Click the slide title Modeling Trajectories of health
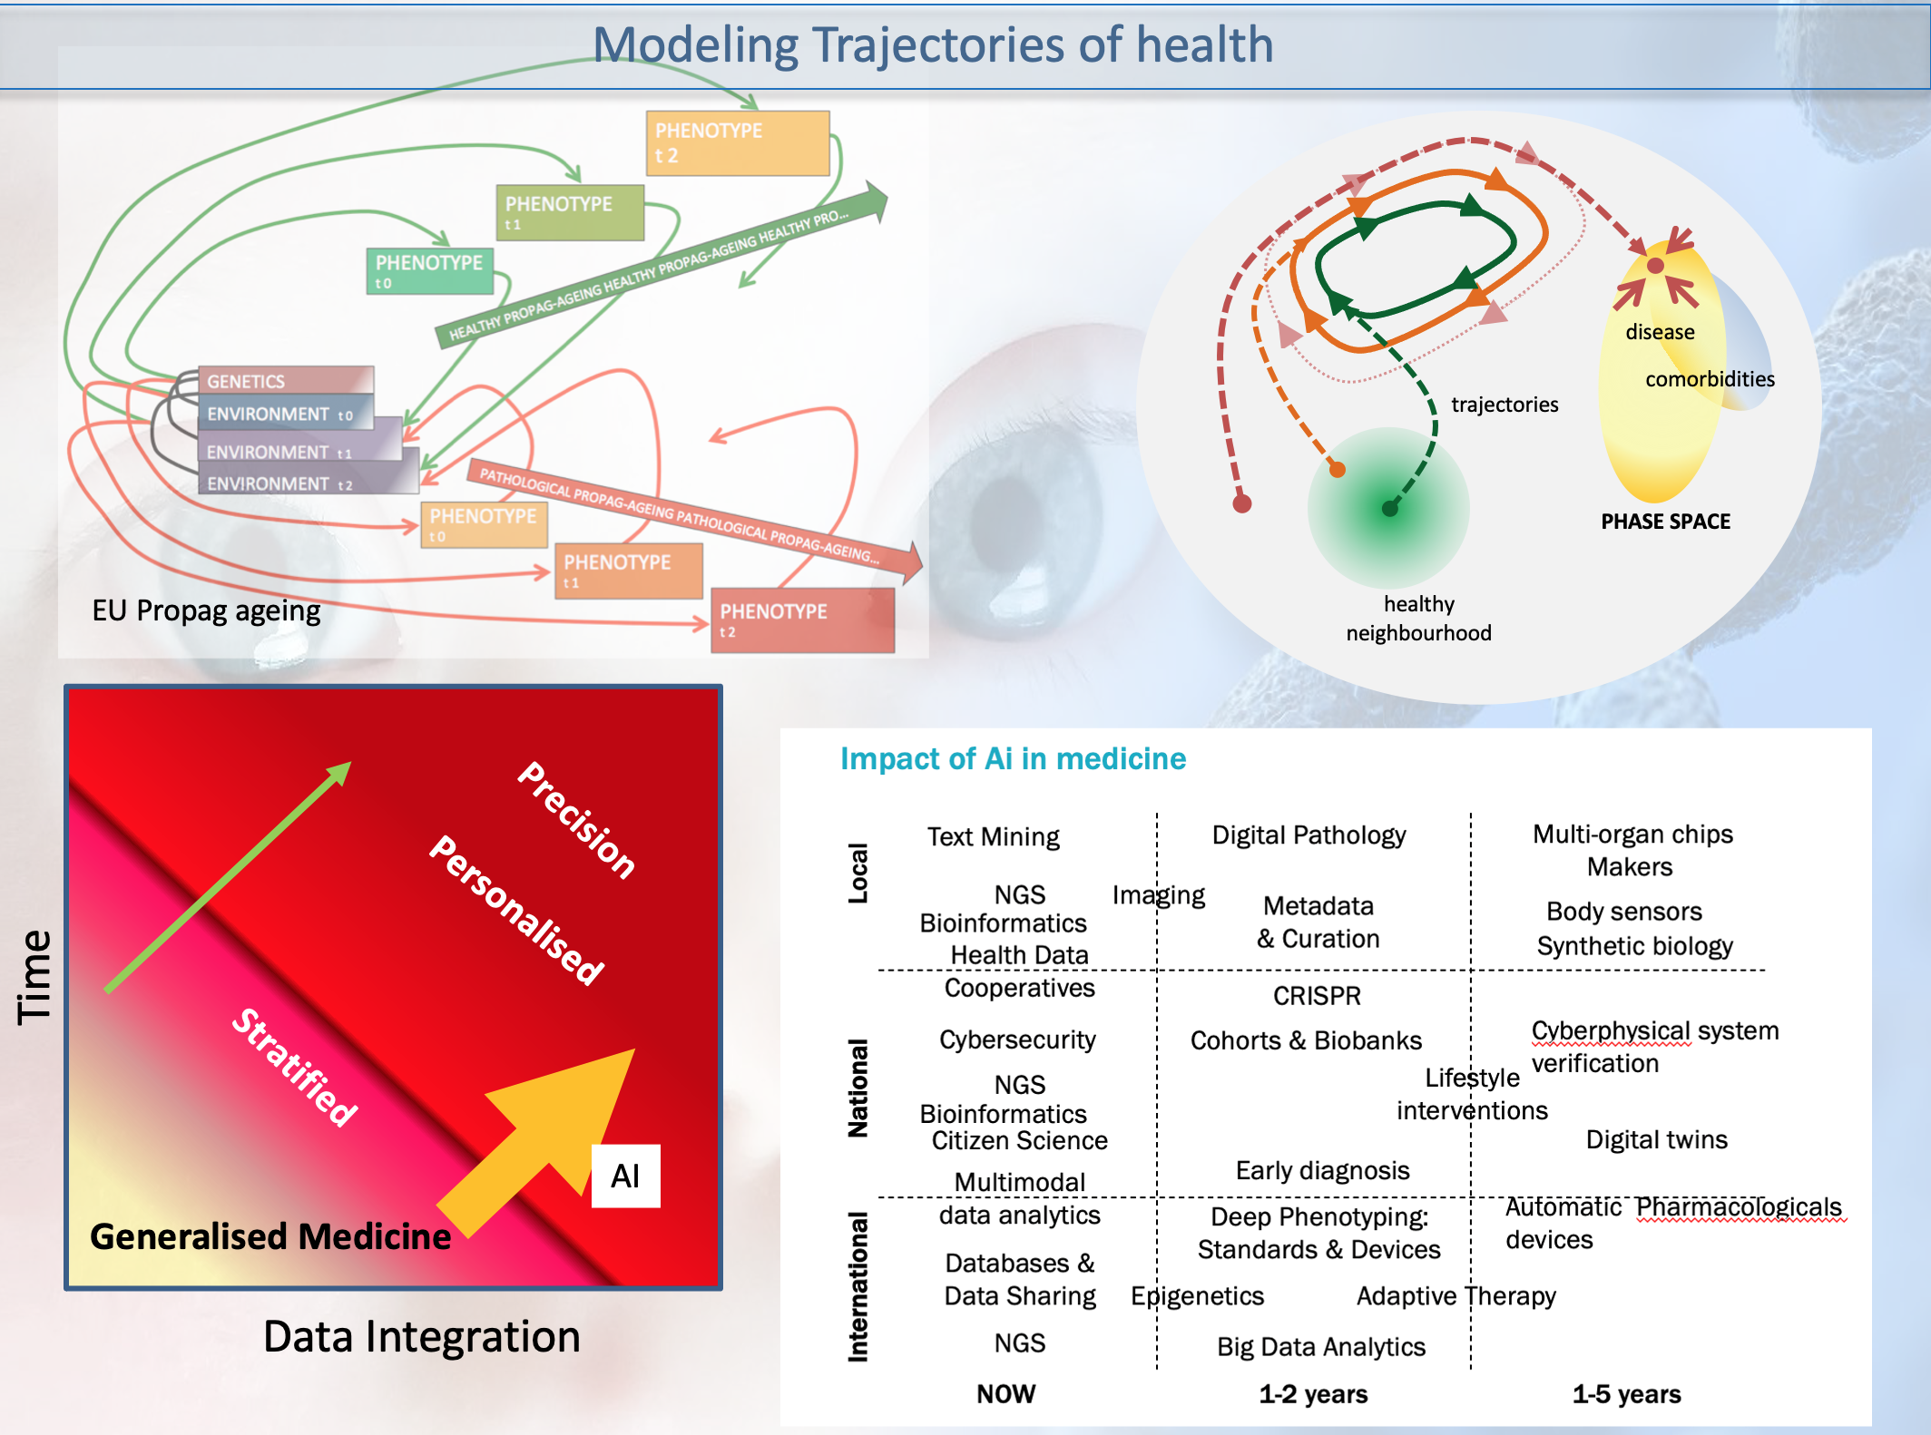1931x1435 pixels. coord(933,45)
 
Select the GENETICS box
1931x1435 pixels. coord(285,381)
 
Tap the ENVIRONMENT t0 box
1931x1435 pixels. coord(285,414)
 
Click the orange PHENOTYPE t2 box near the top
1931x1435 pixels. coord(737,142)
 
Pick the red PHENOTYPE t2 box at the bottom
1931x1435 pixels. coord(802,620)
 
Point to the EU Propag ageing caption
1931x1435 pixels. coord(206,610)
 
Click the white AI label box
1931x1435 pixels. coord(625,1176)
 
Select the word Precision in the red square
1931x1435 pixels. coord(576,819)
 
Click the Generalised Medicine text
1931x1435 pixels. coord(270,1236)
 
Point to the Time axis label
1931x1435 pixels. coord(35,977)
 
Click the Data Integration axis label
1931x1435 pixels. coord(421,1336)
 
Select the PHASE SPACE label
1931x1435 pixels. coord(1665,522)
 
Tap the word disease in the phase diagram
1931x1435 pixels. coord(1660,332)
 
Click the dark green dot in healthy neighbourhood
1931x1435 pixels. coord(1389,509)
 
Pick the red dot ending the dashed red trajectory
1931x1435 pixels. coord(1242,503)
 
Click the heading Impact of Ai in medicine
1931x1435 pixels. coord(1013,758)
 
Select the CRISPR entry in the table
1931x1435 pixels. coord(1317,996)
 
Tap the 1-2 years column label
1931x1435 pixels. coord(1313,1394)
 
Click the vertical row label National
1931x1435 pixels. coord(858,1088)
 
